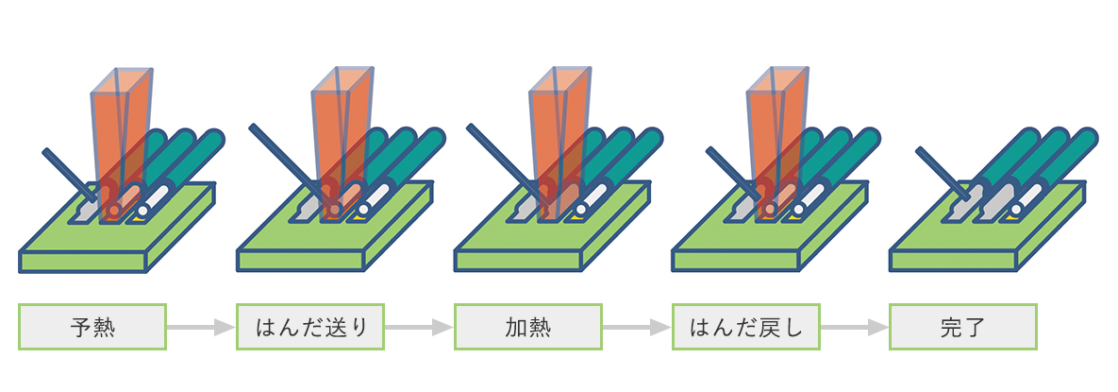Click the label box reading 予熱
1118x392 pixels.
click(x=92, y=327)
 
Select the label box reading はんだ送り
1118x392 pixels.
click(x=310, y=327)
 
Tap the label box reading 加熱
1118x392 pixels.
click(x=528, y=327)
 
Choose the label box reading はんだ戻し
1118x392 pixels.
click(x=745, y=327)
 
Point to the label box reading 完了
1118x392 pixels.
click(x=963, y=327)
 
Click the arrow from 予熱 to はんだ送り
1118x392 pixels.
click(x=200, y=327)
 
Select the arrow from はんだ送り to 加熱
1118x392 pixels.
click(x=419, y=327)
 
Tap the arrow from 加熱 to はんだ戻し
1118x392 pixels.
click(x=637, y=327)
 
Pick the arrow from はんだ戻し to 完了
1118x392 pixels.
click(x=855, y=327)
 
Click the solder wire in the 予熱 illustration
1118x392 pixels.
click(x=66, y=171)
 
